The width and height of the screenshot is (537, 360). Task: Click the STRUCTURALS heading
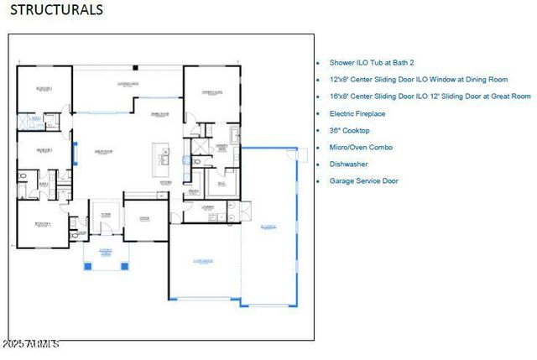[x=56, y=10]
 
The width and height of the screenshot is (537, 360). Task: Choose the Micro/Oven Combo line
[x=361, y=147]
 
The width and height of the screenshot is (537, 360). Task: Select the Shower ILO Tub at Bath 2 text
[x=372, y=63]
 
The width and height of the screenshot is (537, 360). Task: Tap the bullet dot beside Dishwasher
[x=318, y=164]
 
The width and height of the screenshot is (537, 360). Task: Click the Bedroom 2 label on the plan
[x=44, y=88]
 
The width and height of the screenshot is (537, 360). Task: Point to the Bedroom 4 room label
[x=44, y=224]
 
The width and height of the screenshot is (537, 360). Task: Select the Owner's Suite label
[x=211, y=92]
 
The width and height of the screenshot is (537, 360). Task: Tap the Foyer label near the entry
[x=106, y=215]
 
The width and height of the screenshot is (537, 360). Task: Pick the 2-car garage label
[x=203, y=261]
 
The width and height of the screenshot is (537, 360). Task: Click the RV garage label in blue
[x=268, y=227]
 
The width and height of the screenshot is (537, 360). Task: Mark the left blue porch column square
[x=88, y=267]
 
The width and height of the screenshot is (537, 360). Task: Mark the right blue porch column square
[x=124, y=267]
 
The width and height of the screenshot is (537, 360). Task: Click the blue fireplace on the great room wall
[x=76, y=153]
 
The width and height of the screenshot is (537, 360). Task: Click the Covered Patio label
[x=128, y=84]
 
